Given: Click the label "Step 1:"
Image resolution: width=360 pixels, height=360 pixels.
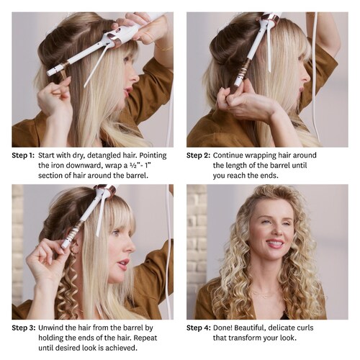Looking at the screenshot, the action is (x=23, y=156).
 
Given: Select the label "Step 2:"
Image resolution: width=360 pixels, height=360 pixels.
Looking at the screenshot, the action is (x=198, y=156).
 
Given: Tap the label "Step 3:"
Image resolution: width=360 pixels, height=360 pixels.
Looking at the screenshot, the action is (x=24, y=328).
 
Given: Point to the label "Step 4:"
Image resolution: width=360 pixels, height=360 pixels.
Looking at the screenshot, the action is (x=199, y=328).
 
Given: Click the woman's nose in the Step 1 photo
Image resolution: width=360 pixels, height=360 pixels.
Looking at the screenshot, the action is (x=135, y=77).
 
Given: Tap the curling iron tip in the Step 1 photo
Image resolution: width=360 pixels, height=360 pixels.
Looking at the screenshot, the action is (x=49, y=73).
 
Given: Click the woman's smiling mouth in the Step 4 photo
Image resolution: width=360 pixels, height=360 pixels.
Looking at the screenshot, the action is (x=275, y=243).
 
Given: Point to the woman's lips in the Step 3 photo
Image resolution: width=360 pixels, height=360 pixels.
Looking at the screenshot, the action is (x=123, y=264).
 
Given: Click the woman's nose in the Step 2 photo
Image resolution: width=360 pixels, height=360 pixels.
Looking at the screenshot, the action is (x=307, y=77).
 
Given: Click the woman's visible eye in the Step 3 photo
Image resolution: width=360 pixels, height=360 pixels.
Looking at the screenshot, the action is (x=116, y=233).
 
